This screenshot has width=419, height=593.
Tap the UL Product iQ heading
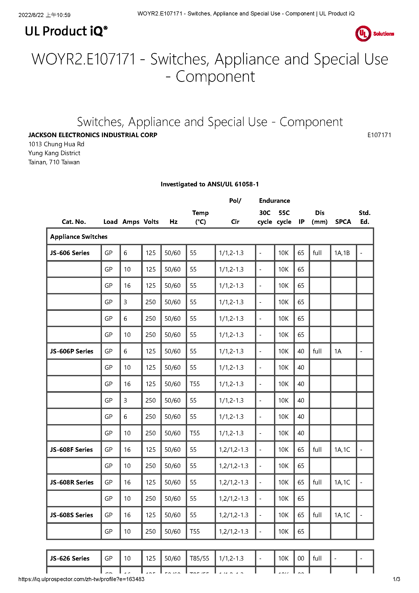pos(66,31)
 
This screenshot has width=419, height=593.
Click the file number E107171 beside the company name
pos(379,135)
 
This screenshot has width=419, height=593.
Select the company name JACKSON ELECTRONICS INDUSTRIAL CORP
pos(93,135)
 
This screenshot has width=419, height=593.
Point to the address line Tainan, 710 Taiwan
pos(54,162)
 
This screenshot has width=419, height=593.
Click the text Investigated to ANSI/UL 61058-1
pos(209,184)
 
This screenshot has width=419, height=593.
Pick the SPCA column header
pos(343,222)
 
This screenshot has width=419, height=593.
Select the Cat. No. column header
pos(74,222)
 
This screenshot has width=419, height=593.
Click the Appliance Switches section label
pos(79,237)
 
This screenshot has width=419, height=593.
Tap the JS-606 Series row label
pos(70,253)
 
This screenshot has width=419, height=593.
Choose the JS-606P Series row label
pos(71,351)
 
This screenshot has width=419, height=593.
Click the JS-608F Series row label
pos(71,450)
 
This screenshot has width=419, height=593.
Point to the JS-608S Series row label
pos(71,515)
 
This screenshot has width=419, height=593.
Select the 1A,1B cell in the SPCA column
pos(342,253)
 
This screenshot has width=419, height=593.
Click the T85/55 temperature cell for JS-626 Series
pos(199,558)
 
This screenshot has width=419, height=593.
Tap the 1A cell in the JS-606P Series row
pos(338,351)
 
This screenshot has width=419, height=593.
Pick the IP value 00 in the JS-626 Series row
pos(301,558)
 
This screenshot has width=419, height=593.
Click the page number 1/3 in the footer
pos(396,579)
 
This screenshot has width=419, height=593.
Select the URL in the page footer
pos(81,579)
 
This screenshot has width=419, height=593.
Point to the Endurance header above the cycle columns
pos(275,201)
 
